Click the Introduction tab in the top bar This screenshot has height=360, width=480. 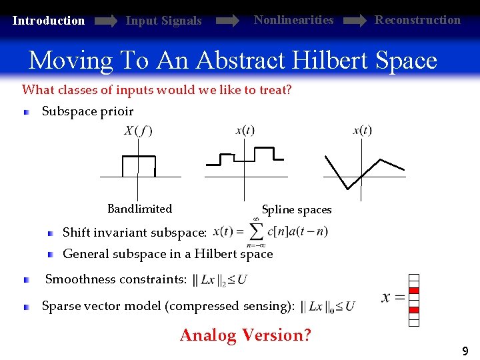click(49, 21)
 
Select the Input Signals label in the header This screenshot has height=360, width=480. click(163, 21)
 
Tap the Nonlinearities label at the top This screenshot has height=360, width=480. click(293, 20)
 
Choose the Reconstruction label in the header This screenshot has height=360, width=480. click(417, 20)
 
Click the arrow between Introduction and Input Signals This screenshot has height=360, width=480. click(106, 21)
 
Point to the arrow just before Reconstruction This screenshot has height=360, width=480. click(355, 21)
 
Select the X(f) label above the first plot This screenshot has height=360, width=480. click(138, 131)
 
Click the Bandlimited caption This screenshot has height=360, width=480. click(139, 209)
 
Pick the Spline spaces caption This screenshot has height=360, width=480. click(297, 210)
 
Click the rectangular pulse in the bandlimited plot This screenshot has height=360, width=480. click(138, 165)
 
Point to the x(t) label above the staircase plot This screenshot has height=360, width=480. click(245, 130)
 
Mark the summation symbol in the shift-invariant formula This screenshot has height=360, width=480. click(256, 231)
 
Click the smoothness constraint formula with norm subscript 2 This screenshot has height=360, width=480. click(219, 280)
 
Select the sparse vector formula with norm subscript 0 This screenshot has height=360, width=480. click(328, 307)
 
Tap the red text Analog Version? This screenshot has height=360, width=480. click(245, 335)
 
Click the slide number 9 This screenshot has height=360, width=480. click(465, 351)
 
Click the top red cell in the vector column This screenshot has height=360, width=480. click(414, 289)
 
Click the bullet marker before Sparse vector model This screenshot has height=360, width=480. click(27, 307)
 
